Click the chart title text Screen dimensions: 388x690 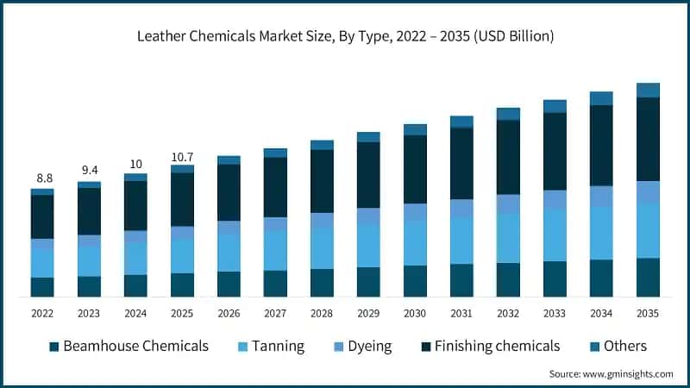(345, 36)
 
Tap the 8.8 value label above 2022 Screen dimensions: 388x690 (42, 178)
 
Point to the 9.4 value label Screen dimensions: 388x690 (89, 171)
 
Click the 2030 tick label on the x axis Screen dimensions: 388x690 (415, 313)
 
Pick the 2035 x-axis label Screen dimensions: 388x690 (648, 313)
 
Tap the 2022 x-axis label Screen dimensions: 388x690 (42, 313)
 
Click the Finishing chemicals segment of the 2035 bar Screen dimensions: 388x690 (648, 139)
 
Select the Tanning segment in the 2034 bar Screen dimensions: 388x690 (601, 233)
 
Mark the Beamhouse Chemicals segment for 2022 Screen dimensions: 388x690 (42, 287)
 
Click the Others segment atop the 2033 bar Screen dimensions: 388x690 (555, 106)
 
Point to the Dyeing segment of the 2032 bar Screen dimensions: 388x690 (508, 203)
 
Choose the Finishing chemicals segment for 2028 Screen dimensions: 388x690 (322, 181)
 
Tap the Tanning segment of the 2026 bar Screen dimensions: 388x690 (229, 253)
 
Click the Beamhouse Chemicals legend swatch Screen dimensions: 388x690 (53, 347)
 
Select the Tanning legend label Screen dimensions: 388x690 (279, 347)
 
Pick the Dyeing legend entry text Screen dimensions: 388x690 (369, 347)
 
